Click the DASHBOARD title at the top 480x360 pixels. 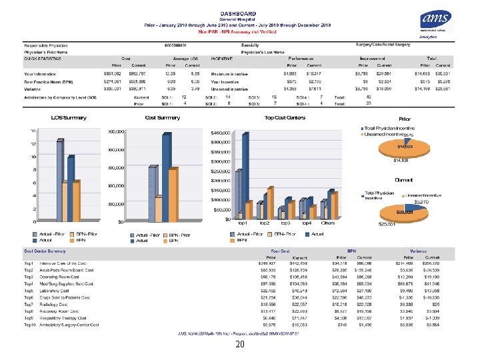click(x=238, y=13)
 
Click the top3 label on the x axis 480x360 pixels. click(x=285, y=223)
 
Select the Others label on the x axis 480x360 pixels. click(x=329, y=223)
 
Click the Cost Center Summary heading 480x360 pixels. click(x=45, y=251)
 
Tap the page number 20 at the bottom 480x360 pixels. click(x=239, y=345)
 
